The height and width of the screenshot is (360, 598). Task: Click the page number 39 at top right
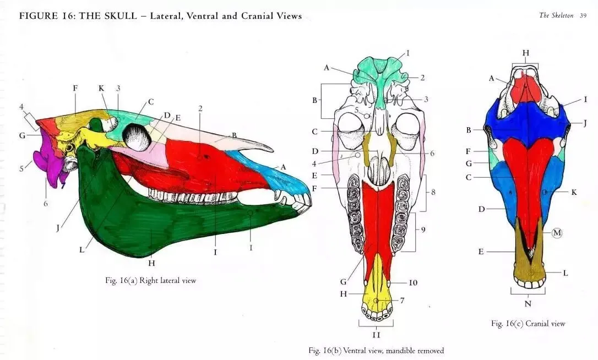pos(583,15)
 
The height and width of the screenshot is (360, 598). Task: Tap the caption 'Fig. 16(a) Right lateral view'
pos(150,280)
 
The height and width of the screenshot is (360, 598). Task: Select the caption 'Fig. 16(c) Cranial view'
pos(528,323)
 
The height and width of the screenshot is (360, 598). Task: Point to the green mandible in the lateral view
pos(143,220)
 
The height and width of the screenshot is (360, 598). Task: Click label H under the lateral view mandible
pos(152,263)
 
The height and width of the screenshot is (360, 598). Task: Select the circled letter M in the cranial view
pos(557,233)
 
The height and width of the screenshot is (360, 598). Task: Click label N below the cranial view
pos(528,303)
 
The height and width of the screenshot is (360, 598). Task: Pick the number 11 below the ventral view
pos(376,334)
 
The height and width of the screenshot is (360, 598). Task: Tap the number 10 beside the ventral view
pos(413,282)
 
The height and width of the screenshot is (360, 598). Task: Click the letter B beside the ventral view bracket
pos(314,100)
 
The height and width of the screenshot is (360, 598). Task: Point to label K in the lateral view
pos(101,88)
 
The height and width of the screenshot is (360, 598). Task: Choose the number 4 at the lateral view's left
pos(21,106)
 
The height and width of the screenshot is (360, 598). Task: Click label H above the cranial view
pos(525,52)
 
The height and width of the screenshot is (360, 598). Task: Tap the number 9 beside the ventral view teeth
pos(423,230)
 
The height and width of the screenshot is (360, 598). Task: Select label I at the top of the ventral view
pos(408,53)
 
